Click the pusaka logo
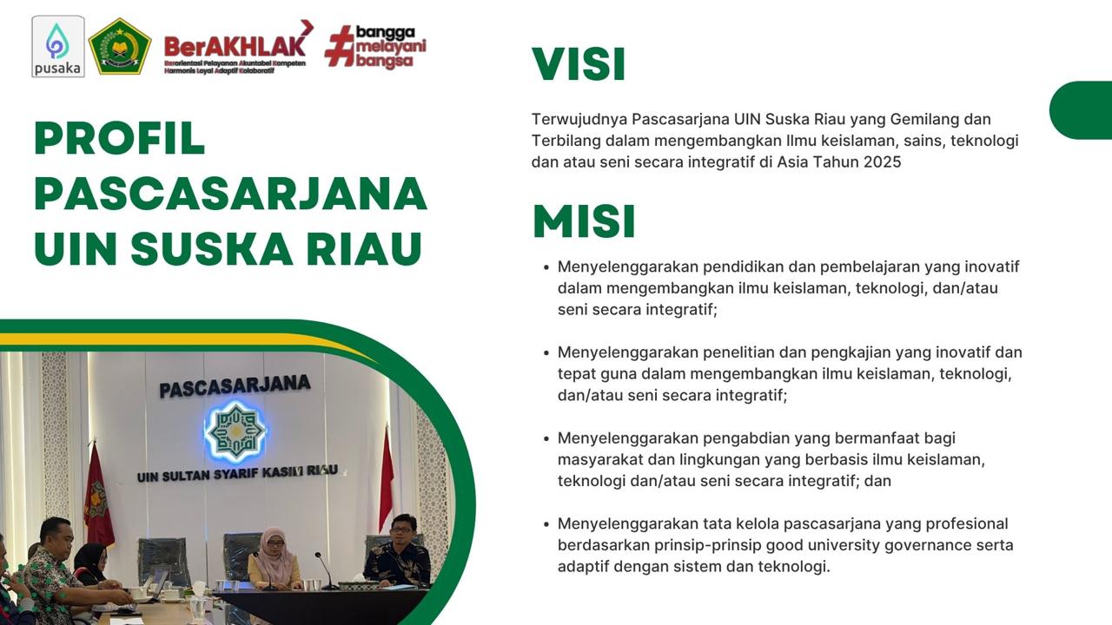click(58, 46)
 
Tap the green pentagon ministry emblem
click(120, 46)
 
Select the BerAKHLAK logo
click(238, 47)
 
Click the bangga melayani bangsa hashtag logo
click(375, 47)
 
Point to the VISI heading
click(579, 64)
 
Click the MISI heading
click(584, 221)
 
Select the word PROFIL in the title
click(120, 138)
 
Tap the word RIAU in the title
click(364, 248)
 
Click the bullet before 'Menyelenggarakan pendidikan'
click(546, 267)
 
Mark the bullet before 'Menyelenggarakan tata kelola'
click(546, 524)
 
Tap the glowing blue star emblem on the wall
click(235, 431)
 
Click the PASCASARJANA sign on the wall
click(235, 387)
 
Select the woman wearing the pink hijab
click(274, 558)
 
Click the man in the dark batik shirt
click(397, 550)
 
